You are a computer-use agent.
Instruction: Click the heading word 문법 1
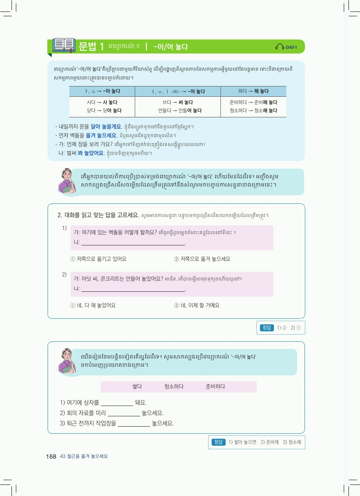(91, 47)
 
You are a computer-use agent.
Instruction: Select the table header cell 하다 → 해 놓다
(253, 91)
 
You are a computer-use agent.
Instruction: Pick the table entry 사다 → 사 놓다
(102, 102)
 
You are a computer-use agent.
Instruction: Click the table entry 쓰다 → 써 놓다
(177, 102)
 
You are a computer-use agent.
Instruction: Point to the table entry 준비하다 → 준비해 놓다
(253, 102)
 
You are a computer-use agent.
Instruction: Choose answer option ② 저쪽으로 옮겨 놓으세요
(202, 259)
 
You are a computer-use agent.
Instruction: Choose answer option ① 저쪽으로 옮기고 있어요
(98, 259)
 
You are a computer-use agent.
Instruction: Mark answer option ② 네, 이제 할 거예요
(197, 305)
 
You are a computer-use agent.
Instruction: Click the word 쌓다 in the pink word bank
(137, 387)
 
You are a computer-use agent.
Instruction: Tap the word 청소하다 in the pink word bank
(174, 387)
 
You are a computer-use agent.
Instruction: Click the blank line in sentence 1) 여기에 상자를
(117, 403)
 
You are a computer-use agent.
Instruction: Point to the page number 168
(51, 456)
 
